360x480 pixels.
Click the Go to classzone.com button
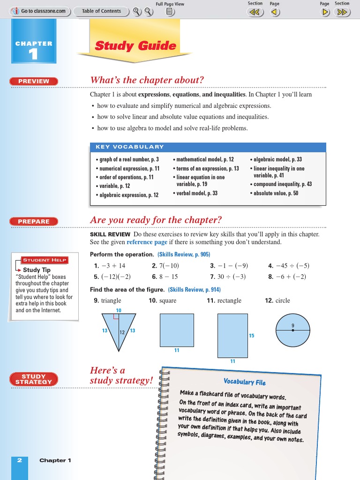[x=40, y=11]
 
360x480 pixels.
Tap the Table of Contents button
[x=101, y=11]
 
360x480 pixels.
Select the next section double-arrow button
[x=342, y=13]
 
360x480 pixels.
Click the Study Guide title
[x=135, y=46]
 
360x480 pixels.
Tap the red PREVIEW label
[x=34, y=81]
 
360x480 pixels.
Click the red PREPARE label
[x=34, y=221]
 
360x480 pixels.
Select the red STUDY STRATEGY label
[x=34, y=379]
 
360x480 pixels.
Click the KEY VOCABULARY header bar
[x=208, y=147]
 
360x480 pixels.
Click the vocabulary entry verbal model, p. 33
[x=197, y=193]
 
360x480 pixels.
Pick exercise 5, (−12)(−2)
[x=112, y=277]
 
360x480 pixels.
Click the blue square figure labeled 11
[x=177, y=330]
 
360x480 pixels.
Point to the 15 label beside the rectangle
[x=252, y=336]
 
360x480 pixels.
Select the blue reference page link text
[x=147, y=242]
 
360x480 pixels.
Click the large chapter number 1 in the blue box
[x=33, y=55]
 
